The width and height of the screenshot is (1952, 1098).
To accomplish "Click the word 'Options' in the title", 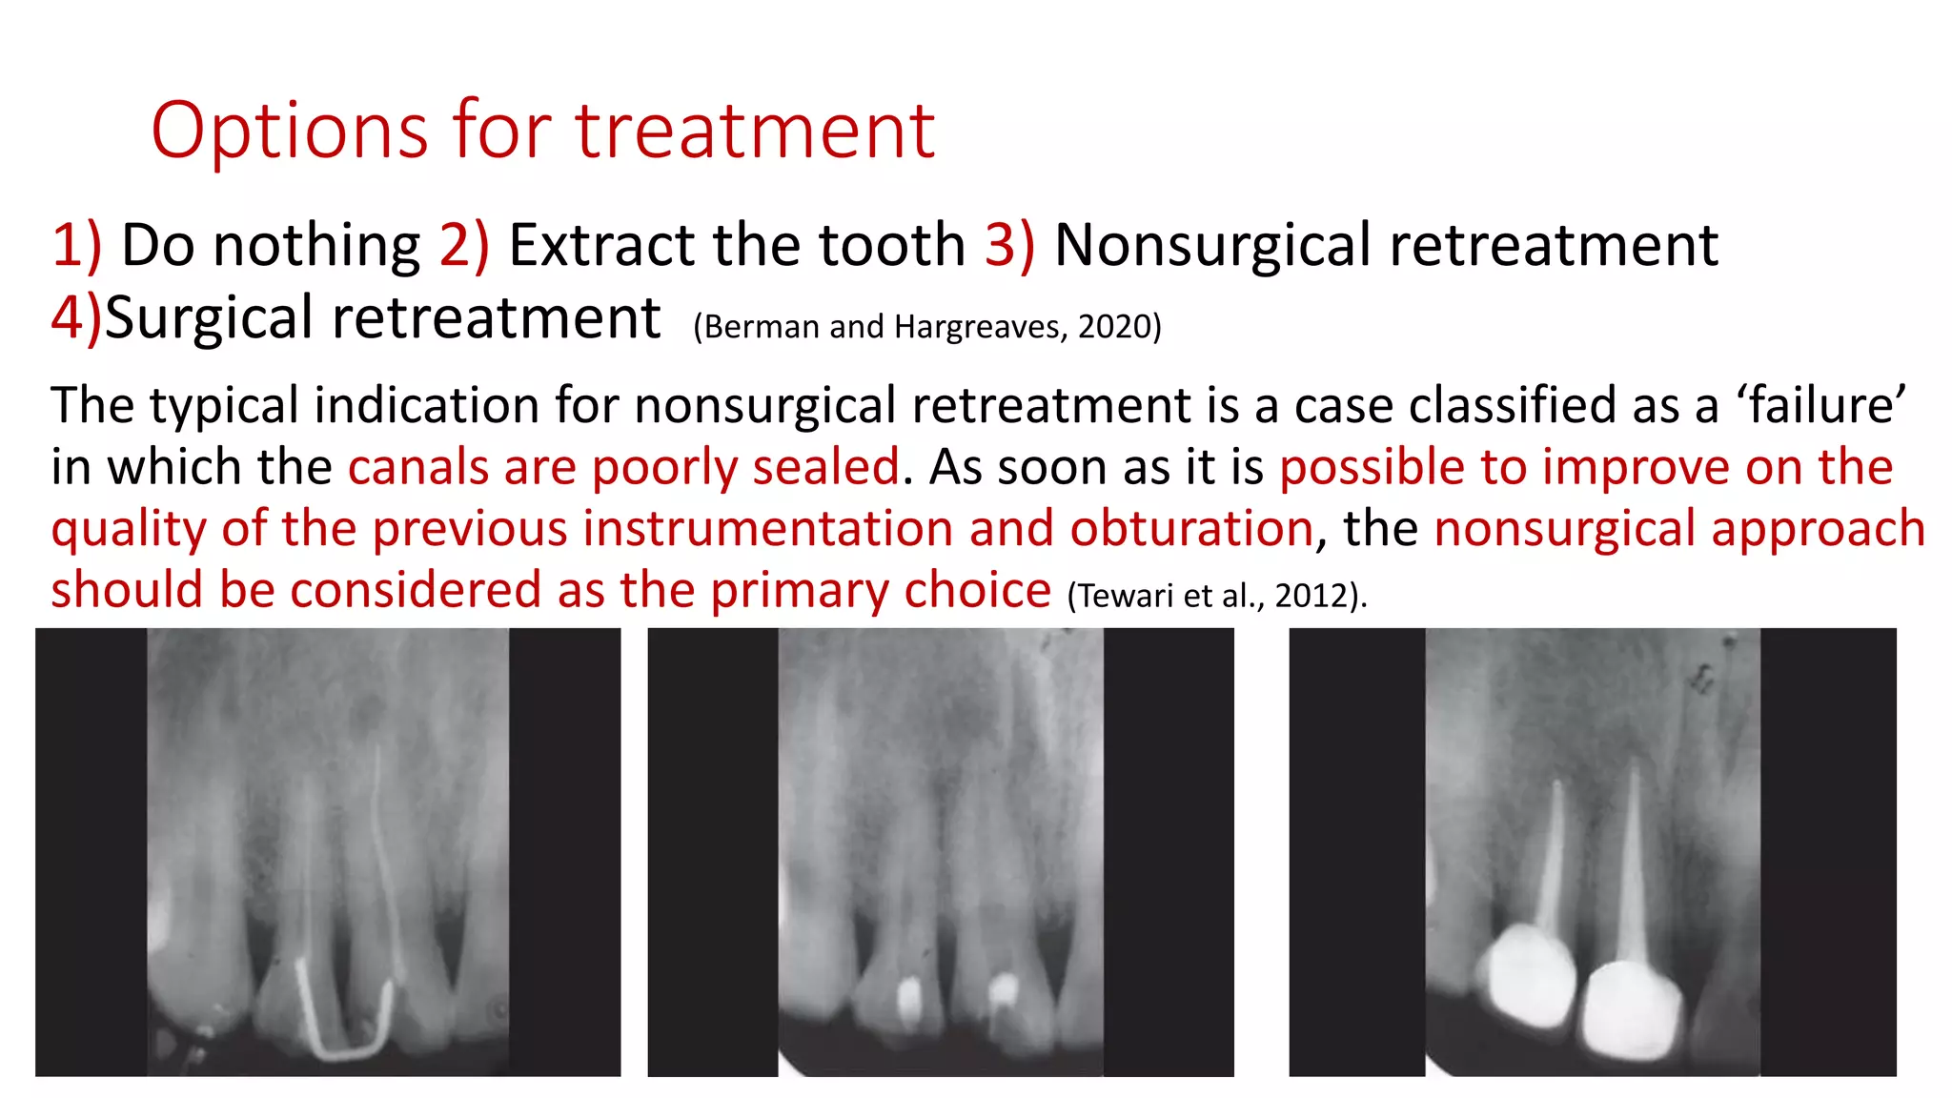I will click(x=290, y=131).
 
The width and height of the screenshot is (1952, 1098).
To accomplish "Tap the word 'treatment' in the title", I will click(x=755, y=131).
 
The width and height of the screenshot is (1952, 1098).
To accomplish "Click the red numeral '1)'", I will click(x=76, y=245).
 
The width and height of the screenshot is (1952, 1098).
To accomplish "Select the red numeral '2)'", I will click(x=464, y=245).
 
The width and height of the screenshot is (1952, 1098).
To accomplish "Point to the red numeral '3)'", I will click(x=1009, y=245).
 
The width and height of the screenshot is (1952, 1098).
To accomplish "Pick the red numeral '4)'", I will click(x=76, y=317).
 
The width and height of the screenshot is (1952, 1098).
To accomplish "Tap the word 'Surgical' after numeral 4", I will click(x=208, y=318).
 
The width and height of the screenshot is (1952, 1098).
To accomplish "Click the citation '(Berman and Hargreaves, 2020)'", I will click(x=926, y=327).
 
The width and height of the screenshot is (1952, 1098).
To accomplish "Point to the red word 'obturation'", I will click(x=1191, y=529).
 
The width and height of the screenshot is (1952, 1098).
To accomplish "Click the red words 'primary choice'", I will click(x=881, y=591).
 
